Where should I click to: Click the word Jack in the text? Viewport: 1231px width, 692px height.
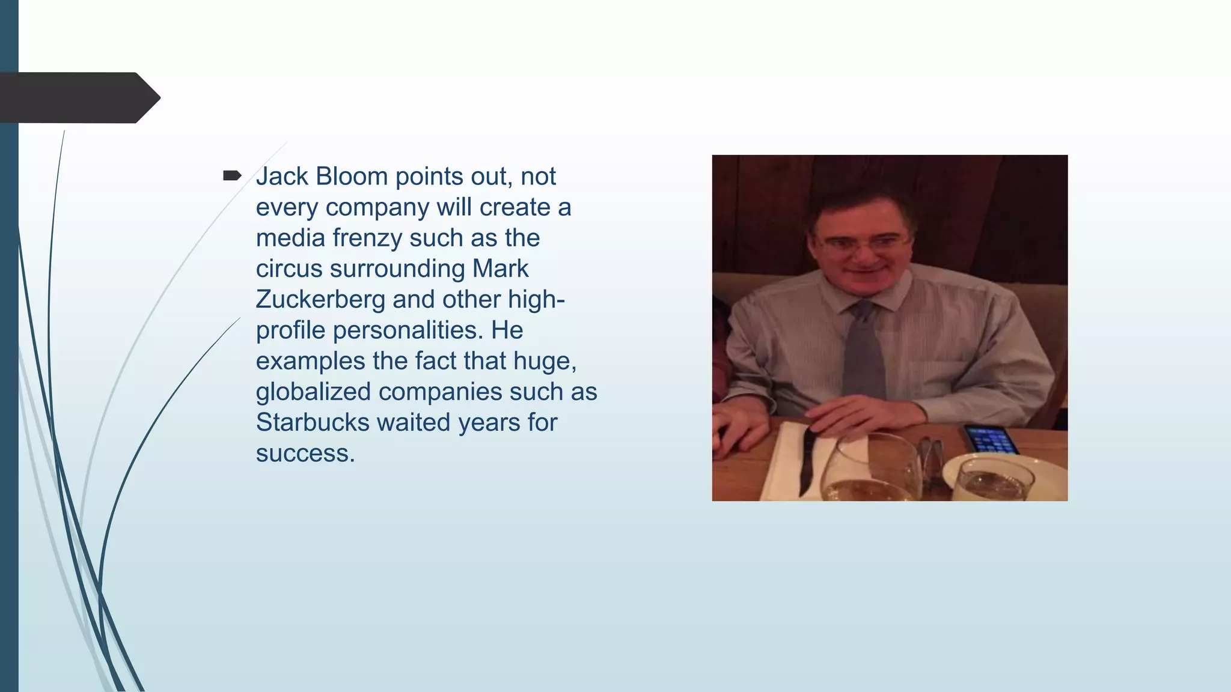click(281, 177)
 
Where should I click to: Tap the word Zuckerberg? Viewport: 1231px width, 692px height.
click(320, 299)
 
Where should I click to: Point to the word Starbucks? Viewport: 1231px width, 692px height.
click(313, 422)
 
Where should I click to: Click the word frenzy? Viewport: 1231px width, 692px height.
click(367, 238)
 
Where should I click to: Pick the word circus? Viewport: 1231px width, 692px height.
click(289, 269)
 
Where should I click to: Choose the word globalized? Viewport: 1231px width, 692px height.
click(313, 392)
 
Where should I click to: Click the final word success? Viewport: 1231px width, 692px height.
click(305, 453)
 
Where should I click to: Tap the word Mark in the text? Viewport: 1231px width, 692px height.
click(500, 269)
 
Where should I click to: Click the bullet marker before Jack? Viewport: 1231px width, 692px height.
click(232, 175)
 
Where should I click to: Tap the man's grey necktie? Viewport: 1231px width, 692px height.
click(864, 354)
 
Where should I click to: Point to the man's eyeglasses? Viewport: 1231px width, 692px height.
click(861, 243)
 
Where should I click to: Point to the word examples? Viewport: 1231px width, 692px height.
click(310, 361)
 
